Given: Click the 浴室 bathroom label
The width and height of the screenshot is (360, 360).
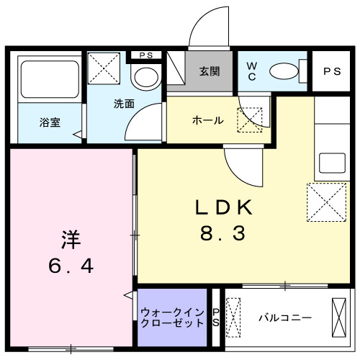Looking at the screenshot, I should tap(50, 122).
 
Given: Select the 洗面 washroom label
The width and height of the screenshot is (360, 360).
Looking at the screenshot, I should tap(123, 103).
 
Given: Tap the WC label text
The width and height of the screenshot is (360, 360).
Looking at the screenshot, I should tap(252, 71).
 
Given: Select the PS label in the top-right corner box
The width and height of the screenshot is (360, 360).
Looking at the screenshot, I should tap(332, 71).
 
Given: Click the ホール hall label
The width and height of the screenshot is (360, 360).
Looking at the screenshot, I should tap(207, 120).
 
